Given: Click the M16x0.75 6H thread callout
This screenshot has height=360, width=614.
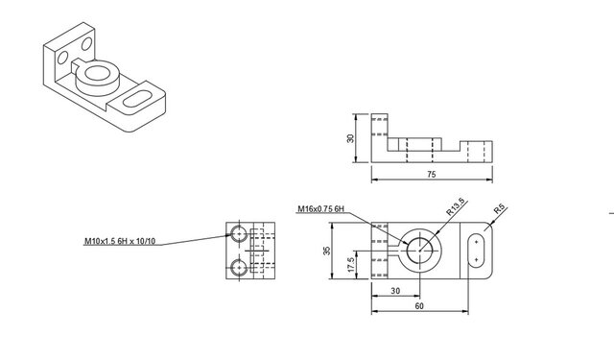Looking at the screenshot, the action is point(321,208).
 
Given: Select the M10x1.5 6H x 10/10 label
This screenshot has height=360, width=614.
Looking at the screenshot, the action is point(120,241).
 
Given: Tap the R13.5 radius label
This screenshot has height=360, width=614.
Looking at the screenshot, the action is point(456,206).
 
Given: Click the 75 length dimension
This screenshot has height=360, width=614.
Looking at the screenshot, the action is point(431,175).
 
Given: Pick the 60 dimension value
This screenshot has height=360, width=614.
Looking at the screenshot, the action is point(419,306).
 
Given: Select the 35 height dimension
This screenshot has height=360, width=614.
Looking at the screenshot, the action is point(327,251).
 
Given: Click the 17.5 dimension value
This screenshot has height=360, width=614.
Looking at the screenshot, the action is point(351,265).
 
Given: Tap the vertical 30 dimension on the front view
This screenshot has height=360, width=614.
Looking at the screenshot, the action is point(350,138).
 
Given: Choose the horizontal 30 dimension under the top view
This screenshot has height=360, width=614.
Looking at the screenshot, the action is point(395,291).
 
